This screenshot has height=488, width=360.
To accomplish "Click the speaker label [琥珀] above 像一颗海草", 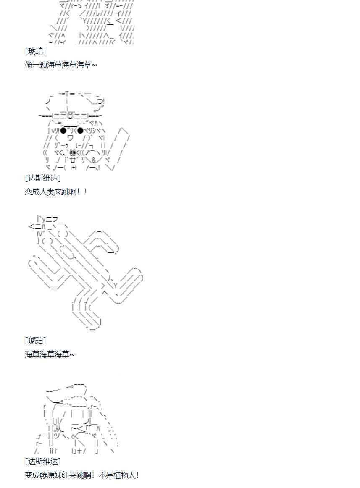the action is [35, 51].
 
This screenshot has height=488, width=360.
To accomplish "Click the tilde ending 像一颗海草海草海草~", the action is [94, 65].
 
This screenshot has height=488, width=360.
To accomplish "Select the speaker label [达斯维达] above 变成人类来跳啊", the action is [43, 178].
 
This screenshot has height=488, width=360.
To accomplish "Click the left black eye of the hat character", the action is [63, 130].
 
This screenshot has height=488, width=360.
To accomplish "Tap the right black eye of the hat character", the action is [80, 130].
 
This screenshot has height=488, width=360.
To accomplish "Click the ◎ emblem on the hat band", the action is [71, 115].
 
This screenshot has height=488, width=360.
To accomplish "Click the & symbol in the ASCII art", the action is [94, 160].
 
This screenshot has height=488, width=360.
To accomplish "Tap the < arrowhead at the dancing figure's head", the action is [31, 226].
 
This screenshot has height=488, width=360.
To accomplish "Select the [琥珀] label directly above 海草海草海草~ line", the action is [35, 341].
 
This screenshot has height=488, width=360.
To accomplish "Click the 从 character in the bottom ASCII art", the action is [59, 429].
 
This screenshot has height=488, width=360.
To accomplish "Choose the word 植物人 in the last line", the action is [125, 475].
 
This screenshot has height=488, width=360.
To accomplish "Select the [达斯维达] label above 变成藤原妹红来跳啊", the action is [43, 462].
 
